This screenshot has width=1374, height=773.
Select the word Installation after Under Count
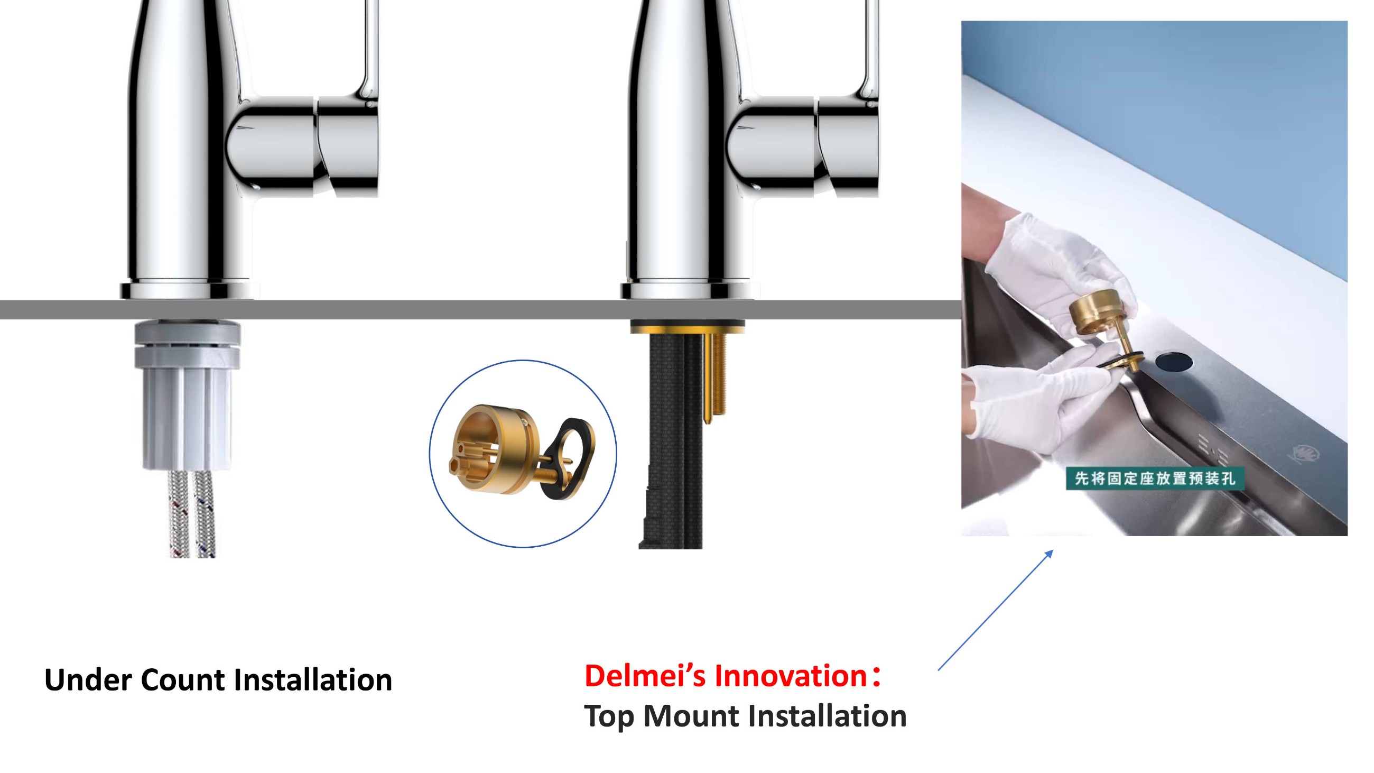(313, 679)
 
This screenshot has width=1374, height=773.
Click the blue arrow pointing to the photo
(996, 610)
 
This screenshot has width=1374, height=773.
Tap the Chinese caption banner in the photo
(1154, 478)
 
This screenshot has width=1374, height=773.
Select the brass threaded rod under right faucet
(713, 376)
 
